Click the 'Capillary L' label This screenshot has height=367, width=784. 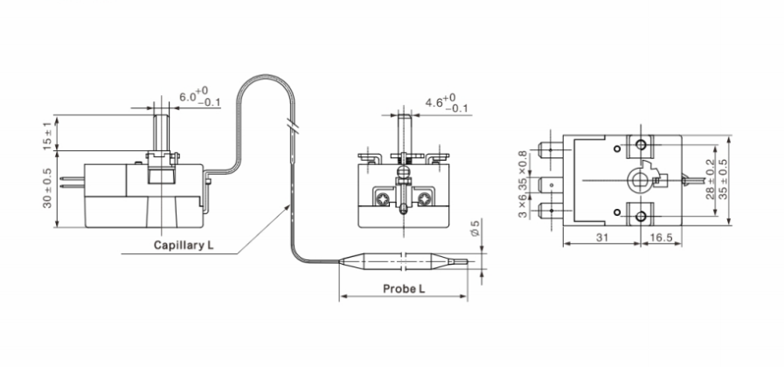click(184, 245)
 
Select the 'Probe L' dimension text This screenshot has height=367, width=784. click(404, 287)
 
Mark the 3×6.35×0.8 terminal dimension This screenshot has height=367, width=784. click(522, 184)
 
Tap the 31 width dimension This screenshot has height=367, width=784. click(602, 237)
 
